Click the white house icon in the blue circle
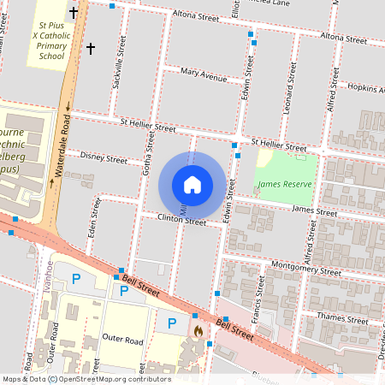click(192, 185)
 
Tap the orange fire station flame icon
click(198, 329)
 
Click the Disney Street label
click(104, 157)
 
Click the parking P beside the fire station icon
click(172, 323)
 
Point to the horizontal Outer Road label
click(122, 340)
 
